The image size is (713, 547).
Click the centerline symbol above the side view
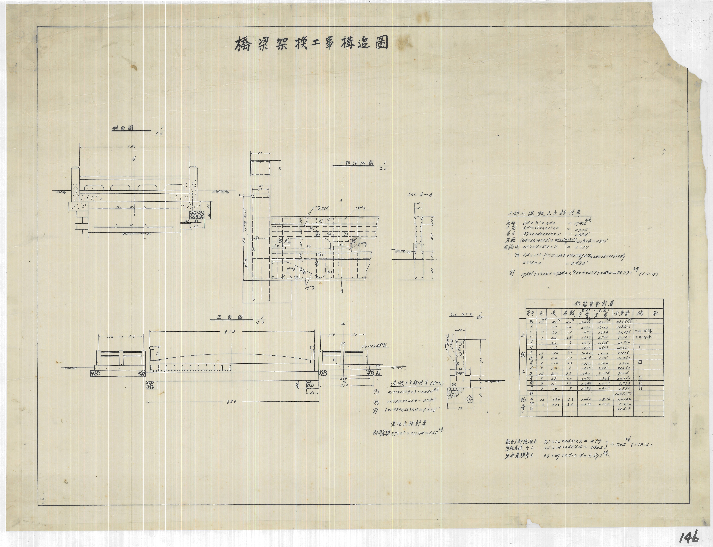134,160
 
